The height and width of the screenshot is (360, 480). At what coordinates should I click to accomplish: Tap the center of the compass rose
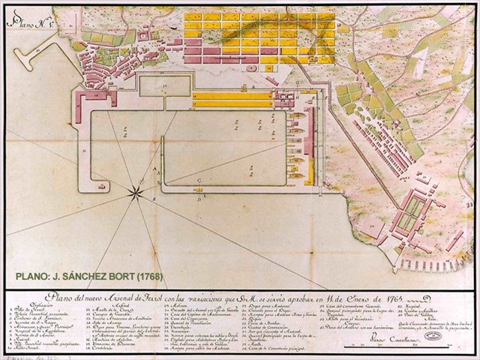pyautogui.click(x=136, y=193)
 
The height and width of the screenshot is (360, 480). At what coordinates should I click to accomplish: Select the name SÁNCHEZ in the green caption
pyautogui.click(x=94, y=275)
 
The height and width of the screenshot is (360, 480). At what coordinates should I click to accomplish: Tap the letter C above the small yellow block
pyautogui.click(x=199, y=181)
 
